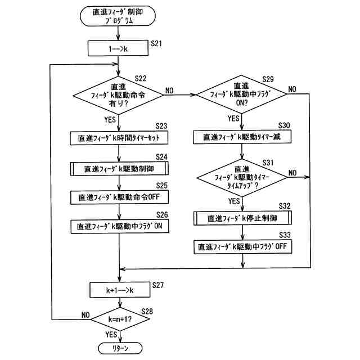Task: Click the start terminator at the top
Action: pos(118,17)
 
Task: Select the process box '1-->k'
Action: pos(118,49)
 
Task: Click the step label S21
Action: pos(158,43)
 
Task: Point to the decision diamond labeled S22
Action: pos(119,96)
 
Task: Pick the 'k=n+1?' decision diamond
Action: pos(119,319)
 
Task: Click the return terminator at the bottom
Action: pos(119,348)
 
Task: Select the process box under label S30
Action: pos(242,137)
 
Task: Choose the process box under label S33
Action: pos(242,247)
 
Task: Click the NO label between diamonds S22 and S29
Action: pos(170,90)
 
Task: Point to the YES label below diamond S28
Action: pos(110,335)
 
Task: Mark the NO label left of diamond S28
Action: pos(85,314)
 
